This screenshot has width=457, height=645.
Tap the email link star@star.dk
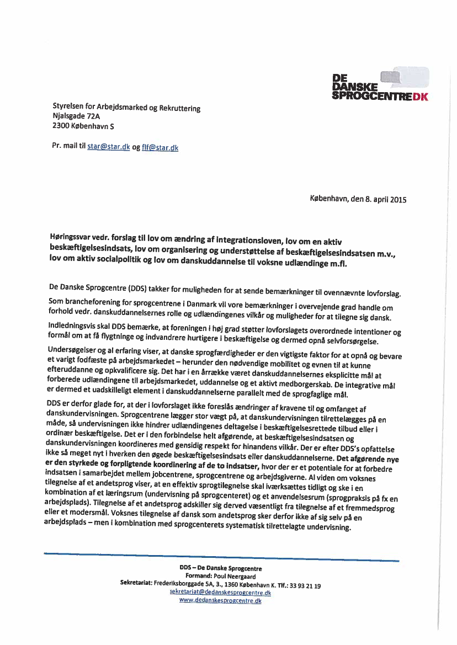[109, 147]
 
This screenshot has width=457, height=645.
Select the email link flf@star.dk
[160, 147]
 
